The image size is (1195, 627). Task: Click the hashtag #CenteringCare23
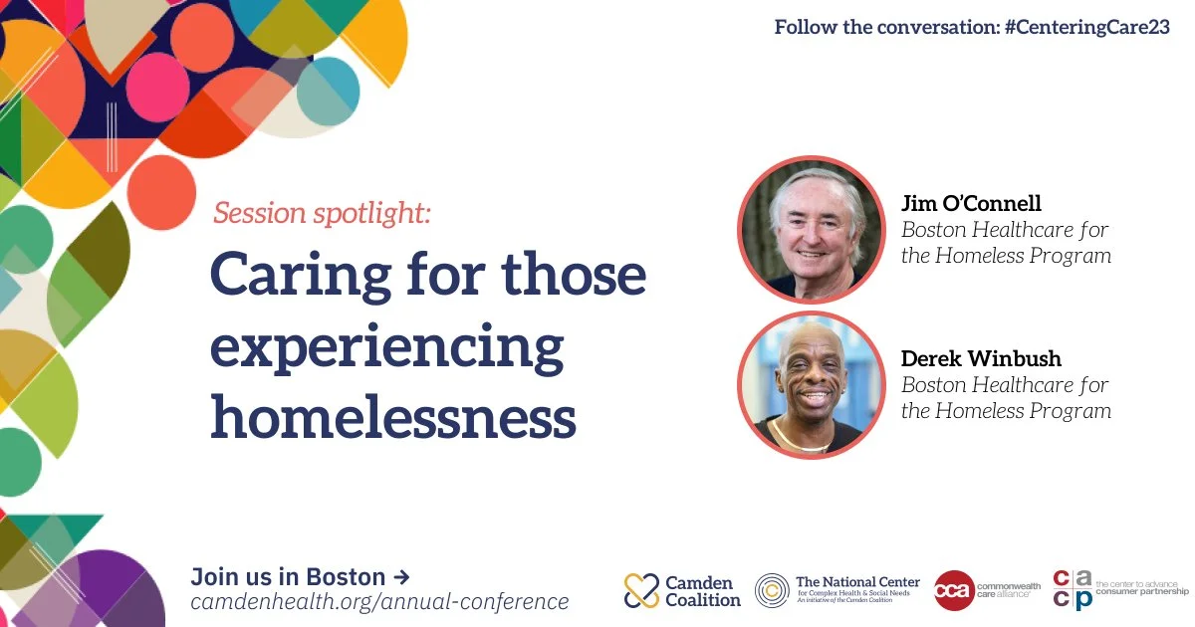[x=1087, y=27]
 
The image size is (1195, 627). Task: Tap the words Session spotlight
[x=322, y=213]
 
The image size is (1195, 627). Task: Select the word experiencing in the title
[x=387, y=347]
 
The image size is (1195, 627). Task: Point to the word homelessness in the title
[x=393, y=416]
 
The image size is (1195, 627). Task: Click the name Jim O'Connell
[x=971, y=203]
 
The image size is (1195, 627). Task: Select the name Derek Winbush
[x=981, y=358]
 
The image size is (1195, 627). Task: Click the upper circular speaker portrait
[x=812, y=230]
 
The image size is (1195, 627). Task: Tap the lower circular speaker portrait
[x=812, y=385]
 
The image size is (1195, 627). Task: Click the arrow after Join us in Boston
[x=401, y=576]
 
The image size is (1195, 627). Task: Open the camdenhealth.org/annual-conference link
[x=379, y=601]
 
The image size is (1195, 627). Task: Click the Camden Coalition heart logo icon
[x=641, y=590]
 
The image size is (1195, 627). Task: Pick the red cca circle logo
[x=954, y=590]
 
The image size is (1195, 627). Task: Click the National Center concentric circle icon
[x=772, y=591]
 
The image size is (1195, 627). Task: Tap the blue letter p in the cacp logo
[x=1084, y=601]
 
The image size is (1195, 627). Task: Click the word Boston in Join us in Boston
[x=346, y=577]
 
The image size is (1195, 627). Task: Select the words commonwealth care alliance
[x=1008, y=589]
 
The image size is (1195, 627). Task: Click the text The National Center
[x=857, y=581]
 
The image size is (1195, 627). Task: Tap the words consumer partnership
[x=1142, y=592]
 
